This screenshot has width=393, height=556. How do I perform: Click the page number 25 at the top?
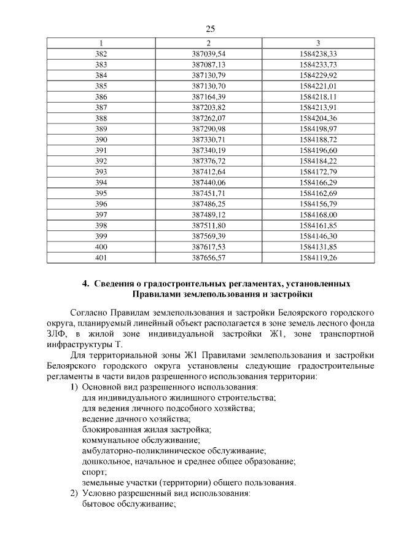point(209,29)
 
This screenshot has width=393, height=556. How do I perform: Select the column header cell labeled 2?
point(209,43)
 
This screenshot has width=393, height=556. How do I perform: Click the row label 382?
point(101,54)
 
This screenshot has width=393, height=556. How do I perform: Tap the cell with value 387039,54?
point(209,54)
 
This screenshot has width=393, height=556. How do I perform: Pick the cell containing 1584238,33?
point(317,54)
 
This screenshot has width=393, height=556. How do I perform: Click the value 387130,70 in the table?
point(209,86)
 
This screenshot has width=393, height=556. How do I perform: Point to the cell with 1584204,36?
point(317,118)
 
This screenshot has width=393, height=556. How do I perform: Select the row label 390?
point(101,139)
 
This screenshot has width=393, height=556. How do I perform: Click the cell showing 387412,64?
point(209,171)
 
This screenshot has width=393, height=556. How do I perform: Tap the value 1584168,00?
point(317,214)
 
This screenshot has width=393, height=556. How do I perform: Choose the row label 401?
point(101,257)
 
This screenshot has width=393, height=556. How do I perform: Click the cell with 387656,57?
point(209,257)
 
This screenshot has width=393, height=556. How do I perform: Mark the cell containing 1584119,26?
point(317,257)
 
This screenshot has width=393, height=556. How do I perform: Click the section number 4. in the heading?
point(87,284)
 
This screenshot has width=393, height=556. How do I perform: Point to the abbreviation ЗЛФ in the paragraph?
point(58,334)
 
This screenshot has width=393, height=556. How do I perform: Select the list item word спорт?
point(94,472)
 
